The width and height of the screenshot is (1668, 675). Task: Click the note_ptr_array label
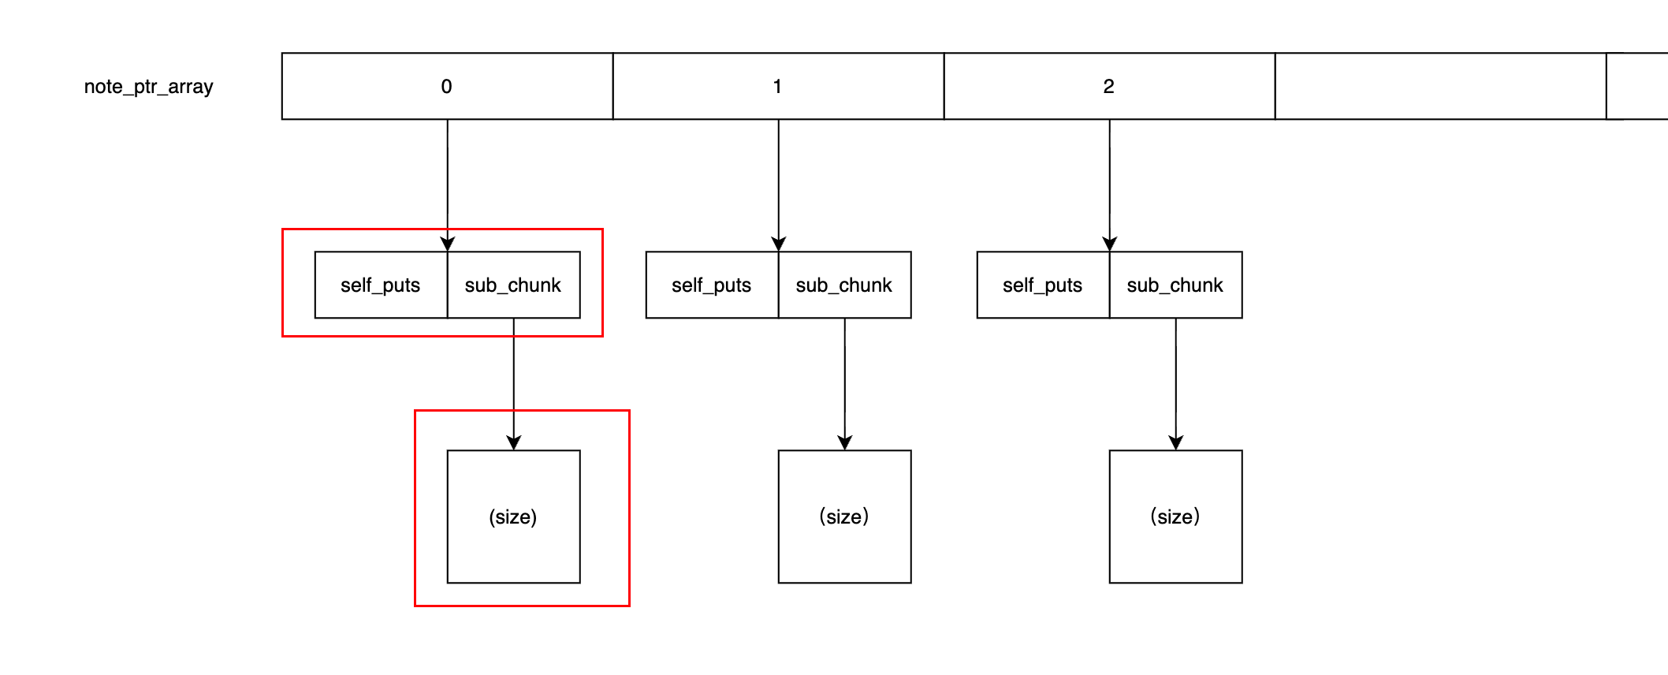[x=148, y=87]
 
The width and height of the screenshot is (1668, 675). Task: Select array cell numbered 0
[x=447, y=87]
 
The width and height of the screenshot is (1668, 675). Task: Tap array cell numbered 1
[x=778, y=87]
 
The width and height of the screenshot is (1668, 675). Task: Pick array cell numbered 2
[x=1109, y=87]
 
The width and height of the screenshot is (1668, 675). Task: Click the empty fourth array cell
[x=1440, y=87]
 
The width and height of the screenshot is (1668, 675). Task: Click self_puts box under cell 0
[x=381, y=285]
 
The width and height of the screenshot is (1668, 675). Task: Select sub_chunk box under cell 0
[x=513, y=285]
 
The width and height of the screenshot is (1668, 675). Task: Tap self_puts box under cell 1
[x=712, y=285]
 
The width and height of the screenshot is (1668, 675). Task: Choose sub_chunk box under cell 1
[x=844, y=285]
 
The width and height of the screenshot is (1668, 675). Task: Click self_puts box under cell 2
[x=1043, y=285]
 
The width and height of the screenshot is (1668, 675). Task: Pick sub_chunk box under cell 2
[x=1175, y=285]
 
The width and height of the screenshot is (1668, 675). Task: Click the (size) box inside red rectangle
[x=513, y=517]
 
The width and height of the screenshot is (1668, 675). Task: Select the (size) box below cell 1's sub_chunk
[x=844, y=517]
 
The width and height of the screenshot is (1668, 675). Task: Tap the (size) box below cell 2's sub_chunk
[x=1175, y=517]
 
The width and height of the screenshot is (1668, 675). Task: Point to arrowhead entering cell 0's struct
[x=448, y=244]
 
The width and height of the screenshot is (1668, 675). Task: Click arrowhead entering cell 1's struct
[x=779, y=244]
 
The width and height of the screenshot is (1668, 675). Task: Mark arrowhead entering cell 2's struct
[x=1110, y=244]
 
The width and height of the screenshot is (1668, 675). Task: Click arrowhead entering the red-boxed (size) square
[x=514, y=442]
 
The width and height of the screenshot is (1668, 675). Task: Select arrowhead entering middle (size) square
[x=845, y=442]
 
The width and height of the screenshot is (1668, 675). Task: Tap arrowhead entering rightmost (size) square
[x=1176, y=442]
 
